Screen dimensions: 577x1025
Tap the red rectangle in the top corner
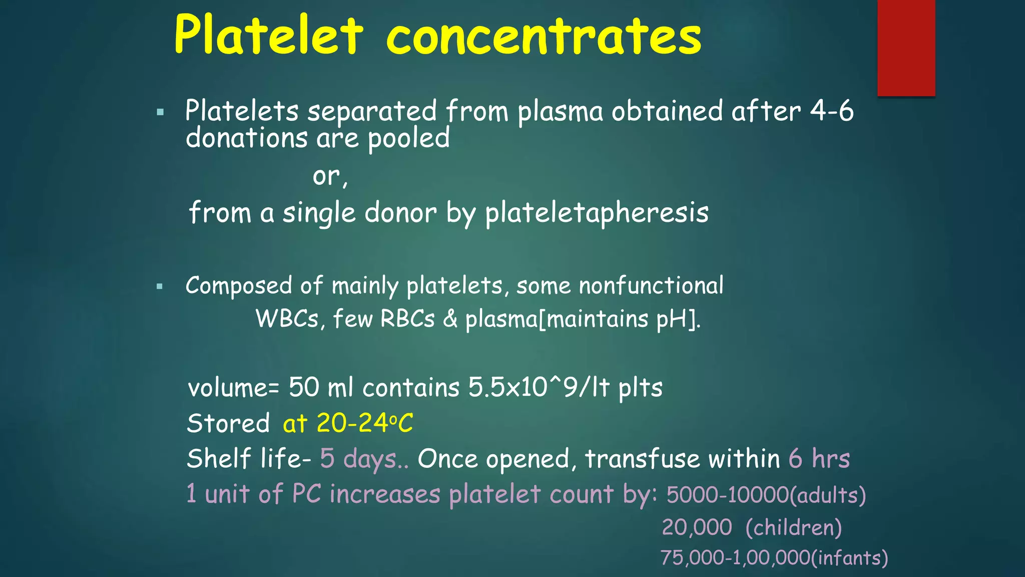pos(906,48)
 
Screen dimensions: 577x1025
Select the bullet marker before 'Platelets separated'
pos(160,112)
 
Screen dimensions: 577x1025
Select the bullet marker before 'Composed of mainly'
pos(160,287)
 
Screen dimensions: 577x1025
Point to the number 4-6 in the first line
pos(831,111)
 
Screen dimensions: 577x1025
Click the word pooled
pos(408,139)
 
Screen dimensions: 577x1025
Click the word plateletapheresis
pos(597,213)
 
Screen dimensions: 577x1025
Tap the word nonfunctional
pos(651,286)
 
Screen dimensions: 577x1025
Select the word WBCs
pos(287,319)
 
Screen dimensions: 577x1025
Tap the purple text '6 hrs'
pos(819,458)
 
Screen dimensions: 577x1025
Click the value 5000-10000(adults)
pos(765,495)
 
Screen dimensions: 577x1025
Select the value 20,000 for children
pos(697,527)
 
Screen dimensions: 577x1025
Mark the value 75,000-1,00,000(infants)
pos(774,557)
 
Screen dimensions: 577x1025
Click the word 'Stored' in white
pos(228,424)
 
